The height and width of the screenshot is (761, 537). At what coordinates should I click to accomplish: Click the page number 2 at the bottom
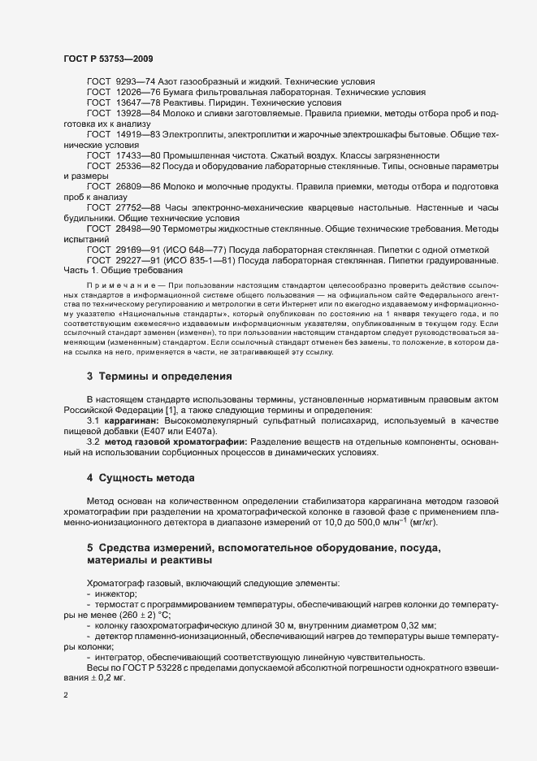pos(66,696)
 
